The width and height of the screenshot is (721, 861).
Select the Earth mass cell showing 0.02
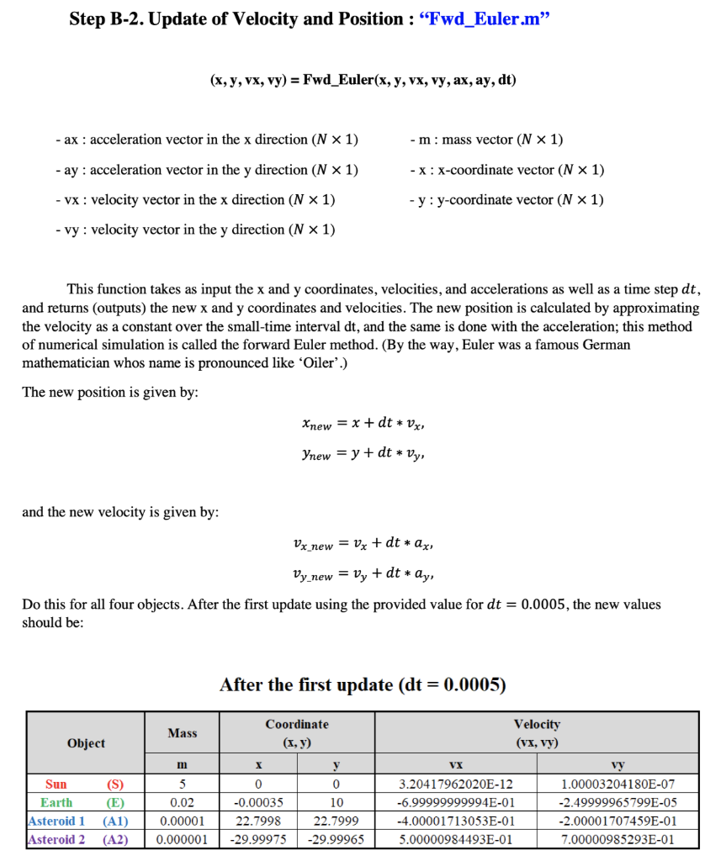[x=183, y=802]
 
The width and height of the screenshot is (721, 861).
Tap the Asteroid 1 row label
[x=77, y=821]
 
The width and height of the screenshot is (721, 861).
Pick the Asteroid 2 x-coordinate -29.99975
[x=258, y=839]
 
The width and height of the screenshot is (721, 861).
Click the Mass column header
[x=183, y=733]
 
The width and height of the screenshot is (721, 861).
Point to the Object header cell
[x=86, y=742]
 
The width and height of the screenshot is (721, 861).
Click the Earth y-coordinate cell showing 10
[x=337, y=802]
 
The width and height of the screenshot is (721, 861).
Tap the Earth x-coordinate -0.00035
[x=258, y=802]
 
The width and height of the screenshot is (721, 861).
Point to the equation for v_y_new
[x=362, y=574]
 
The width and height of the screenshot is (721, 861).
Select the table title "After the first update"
[x=363, y=684]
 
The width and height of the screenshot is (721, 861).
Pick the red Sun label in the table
[x=56, y=784]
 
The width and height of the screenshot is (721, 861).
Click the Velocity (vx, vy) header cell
[x=536, y=733]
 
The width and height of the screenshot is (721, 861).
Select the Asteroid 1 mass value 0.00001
[x=183, y=821]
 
